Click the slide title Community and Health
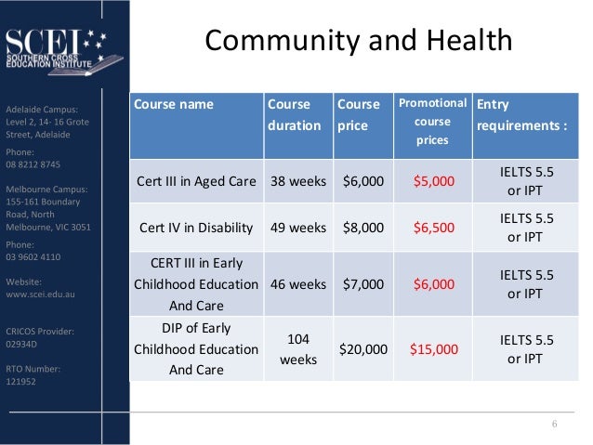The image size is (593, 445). click(358, 41)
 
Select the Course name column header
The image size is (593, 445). click(174, 104)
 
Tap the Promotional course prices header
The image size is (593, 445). click(432, 122)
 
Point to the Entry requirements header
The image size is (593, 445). click(521, 113)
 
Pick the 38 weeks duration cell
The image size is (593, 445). click(297, 180)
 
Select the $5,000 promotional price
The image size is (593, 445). click(432, 180)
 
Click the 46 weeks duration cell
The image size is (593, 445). click(297, 284)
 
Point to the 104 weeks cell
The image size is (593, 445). click(297, 349)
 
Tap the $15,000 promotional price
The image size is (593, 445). click(434, 349)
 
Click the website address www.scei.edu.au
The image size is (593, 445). click(41, 295)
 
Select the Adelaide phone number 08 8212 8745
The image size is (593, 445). click(33, 164)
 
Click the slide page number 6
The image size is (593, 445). click(555, 425)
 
